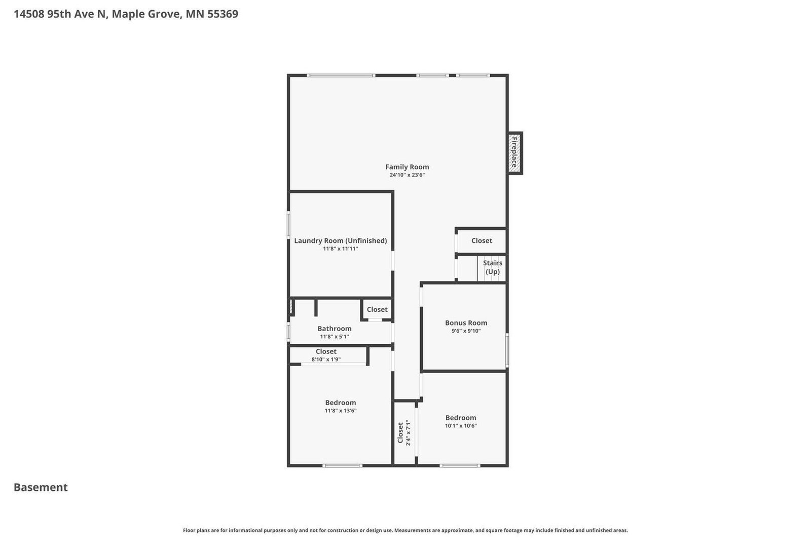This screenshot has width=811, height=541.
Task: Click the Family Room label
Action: (x=407, y=167)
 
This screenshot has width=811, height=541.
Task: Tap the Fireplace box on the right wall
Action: (x=514, y=153)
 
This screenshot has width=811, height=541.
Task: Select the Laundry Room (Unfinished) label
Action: (x=340, y=241)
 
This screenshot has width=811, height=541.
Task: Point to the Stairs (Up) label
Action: (x=492, y=267)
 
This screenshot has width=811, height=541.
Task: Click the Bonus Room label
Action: (x=466, y=323)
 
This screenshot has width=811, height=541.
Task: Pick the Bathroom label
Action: (x=334, y=329)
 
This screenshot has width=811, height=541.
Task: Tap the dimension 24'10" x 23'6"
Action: (x=407, y=175)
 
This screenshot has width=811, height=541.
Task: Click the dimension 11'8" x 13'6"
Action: (x=341, y=411)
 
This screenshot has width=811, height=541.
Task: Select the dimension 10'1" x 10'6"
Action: (x=461, y=426)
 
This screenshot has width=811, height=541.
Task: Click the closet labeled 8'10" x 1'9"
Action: (x=326, y=355)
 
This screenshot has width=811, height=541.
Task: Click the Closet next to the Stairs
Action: (x=482, y=241)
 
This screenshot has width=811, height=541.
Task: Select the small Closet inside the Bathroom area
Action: (x=377, y=310)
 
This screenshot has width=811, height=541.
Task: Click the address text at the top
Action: (x=126, y=14)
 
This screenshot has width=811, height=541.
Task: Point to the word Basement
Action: (x=41, y=487)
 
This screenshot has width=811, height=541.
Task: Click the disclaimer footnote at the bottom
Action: (x=405, y=530)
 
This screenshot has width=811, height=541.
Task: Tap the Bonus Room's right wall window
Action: (x=507, y=350)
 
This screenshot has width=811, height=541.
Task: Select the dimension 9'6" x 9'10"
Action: (x=466, y=331)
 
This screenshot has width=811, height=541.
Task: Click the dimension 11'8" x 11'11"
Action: (x=340, y=249)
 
